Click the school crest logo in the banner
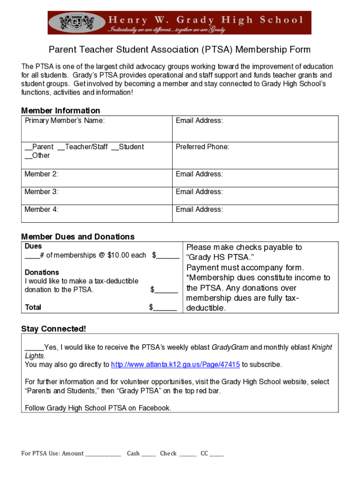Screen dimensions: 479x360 77,22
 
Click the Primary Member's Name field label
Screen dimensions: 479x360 65,121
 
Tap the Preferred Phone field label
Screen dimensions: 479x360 202,147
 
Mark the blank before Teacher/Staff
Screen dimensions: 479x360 61,148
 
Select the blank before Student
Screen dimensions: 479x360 115,148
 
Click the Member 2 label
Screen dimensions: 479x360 41,174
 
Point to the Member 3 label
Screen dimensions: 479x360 41,192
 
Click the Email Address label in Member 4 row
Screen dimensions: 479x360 199,210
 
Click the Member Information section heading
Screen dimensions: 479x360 60,110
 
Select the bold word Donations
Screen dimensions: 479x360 42,272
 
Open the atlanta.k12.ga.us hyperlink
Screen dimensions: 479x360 175,364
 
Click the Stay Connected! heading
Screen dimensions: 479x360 53,329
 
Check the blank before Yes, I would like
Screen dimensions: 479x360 34,348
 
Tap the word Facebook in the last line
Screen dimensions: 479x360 155,408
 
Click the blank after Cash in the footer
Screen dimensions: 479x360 149,454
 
